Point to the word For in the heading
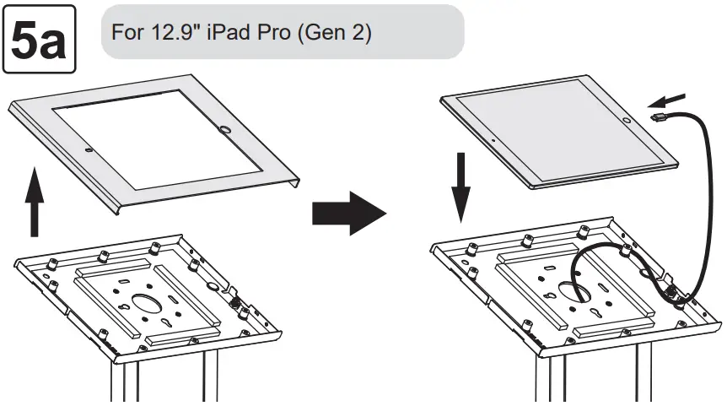coord(127,33)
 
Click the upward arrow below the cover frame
coord(35,203)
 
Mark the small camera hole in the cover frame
coord(89,152)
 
